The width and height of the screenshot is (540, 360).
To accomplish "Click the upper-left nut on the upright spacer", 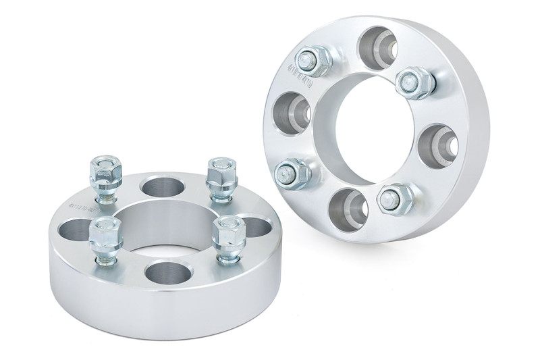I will tap(312, 60).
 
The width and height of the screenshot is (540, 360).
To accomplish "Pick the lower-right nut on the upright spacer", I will tap(390, 196).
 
